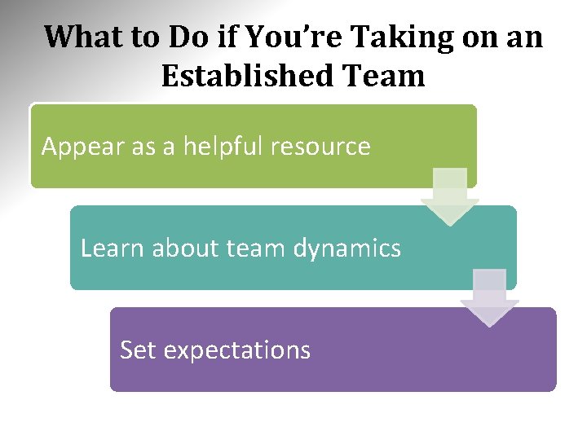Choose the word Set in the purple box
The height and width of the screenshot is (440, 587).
click(x=137, y=350)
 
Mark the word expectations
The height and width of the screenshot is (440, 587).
click(x=236, y=350)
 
